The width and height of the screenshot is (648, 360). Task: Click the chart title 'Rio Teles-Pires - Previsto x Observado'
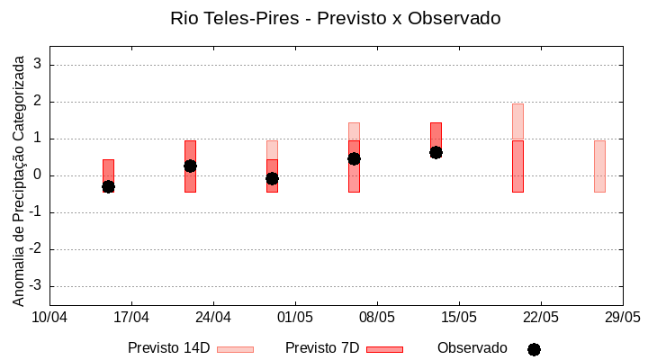tap(335, 18)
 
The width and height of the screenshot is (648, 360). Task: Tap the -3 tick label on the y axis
tap(36, 286)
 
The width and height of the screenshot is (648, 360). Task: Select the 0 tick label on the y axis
tap(39, 175)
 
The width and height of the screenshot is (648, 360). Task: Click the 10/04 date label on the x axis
tap(49, 318)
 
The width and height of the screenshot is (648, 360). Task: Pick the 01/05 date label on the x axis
tap(295, 318)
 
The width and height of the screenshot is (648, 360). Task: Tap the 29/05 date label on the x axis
tap(622, 318)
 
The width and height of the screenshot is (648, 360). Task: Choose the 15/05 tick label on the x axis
tap(459, 318)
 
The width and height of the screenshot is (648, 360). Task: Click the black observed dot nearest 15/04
tap(108, 186)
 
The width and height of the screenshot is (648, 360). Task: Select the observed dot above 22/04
tap(190, 166)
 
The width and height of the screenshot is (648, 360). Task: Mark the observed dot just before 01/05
tap(272, 178)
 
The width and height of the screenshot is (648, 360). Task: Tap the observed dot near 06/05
tap(354, 158)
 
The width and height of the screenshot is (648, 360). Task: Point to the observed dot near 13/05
tap(436, 152)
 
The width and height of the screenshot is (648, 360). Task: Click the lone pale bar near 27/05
tap(599, 166)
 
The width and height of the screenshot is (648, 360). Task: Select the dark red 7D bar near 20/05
tap(517, 166)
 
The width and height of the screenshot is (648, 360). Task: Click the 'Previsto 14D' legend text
tap(168, 348)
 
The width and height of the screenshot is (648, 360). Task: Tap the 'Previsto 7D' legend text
tap(322, 348)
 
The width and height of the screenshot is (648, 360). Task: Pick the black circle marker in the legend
tap(534, 349)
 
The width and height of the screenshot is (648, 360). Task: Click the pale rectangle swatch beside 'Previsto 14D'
tap(235, 349)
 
